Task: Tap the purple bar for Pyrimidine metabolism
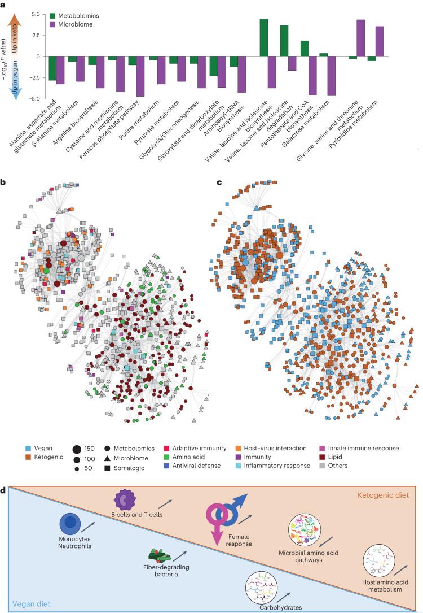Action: [379, 42]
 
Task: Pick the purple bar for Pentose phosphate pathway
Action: [140, 76]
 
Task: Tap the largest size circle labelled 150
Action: [77, 449]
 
